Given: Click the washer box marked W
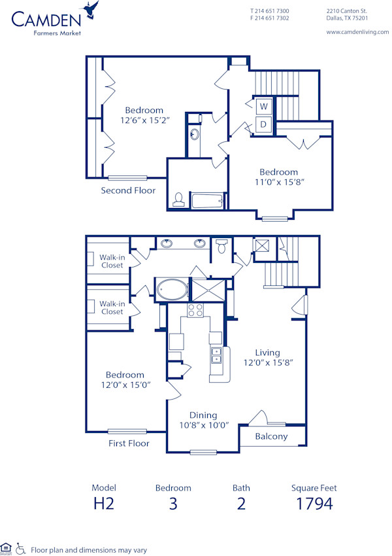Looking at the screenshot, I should tap(265, 106).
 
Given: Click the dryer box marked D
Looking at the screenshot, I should tap(265, 124).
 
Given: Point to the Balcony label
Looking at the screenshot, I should tap(271, 436).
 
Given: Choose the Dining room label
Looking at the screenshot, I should tap(203, 415).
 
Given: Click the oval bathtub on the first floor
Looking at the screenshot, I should tap(171, 288).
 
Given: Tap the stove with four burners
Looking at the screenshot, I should tap(196, 310).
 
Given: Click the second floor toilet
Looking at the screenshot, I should tap(178, 200).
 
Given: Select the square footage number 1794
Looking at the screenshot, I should tap(314, 503).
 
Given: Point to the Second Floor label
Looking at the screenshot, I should tap(128, 190).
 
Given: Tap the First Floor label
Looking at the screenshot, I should tap(129, 443).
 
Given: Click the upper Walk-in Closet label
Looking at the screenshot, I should tap(112, 261).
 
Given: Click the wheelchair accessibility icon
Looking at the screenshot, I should tap(21, 549).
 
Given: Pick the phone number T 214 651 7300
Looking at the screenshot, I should tap(270, 11).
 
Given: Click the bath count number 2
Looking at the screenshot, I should tap(241, 503).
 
